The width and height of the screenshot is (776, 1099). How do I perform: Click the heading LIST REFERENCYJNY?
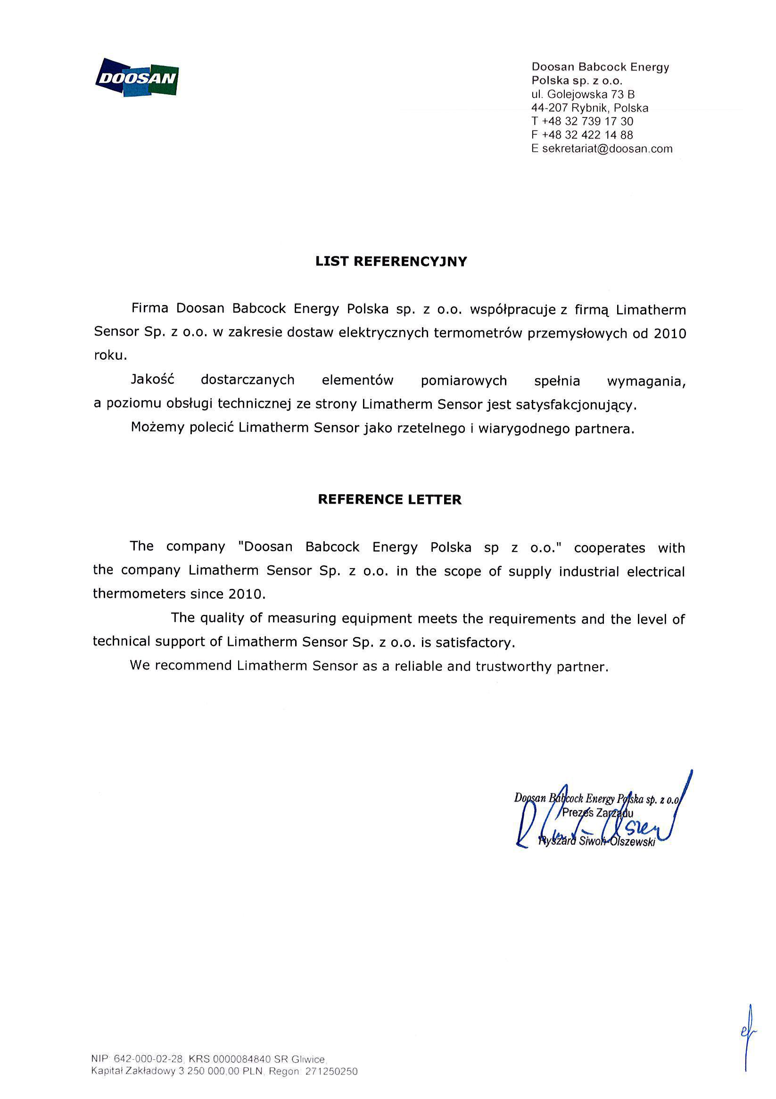(391, 261)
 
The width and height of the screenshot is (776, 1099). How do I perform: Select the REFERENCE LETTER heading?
(390, 500)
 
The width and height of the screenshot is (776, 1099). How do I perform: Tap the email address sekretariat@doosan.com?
(607, 149)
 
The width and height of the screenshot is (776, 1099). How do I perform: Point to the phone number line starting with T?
(582, 121)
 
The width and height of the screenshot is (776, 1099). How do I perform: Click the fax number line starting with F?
(582, 135)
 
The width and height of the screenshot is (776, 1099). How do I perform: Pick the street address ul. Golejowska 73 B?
(583, 94)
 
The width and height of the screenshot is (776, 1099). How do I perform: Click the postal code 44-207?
(549, 107)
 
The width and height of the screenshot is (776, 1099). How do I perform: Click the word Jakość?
(153, 380)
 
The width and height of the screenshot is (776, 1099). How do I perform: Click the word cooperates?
(609, 547)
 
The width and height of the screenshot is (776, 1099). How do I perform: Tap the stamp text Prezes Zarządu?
(597, 812)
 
